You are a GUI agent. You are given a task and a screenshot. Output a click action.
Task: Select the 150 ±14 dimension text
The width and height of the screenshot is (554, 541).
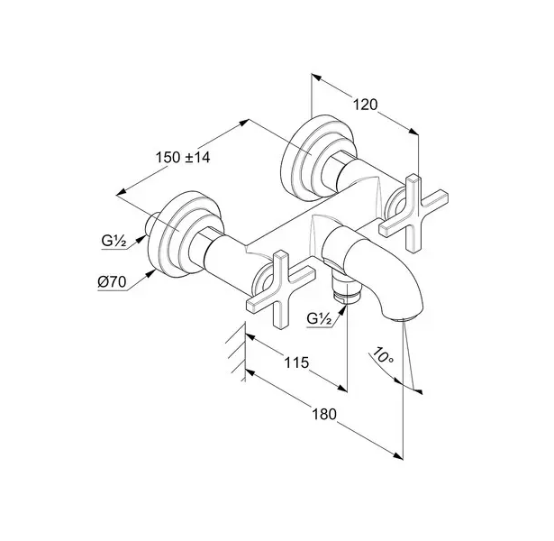183,158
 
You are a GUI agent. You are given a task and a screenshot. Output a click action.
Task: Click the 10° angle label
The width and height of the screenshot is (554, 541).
382,360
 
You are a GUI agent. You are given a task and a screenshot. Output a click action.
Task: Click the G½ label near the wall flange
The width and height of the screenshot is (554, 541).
114,241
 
